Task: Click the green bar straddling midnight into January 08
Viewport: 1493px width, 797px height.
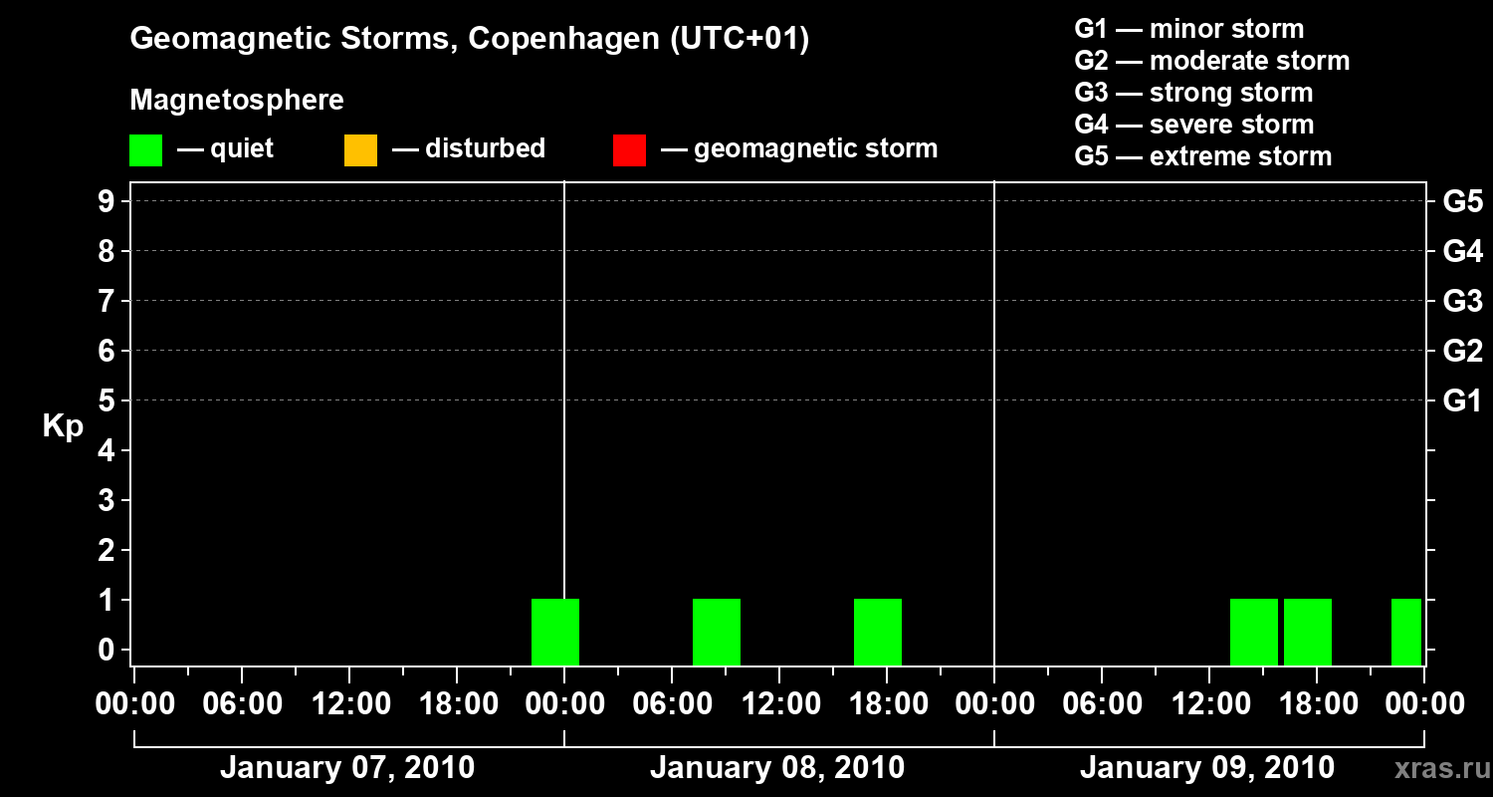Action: pyautogui.click(x=555, y=632)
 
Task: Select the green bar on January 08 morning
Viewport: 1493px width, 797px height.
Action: pyautogui.click(x=717, y=632)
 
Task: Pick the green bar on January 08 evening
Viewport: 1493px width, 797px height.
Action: pyautogui.click(x=878, y=632)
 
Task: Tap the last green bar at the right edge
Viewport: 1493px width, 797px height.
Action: pyautogui.click(x=1406, y=632)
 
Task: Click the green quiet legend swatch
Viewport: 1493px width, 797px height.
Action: pyautogui.click(x=145, y=149)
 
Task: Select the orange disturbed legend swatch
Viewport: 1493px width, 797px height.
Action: pyautogui.click(x=360, y=149)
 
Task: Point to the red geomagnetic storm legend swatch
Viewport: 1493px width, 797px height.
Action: pyautogui.click(x=629, y=149)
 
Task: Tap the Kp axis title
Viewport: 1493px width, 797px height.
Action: pyautogui.click(x=63, y=426)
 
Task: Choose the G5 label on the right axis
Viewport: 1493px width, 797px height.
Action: pyautogui.click(x=1462, y=202)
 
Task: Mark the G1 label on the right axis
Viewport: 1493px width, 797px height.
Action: pyautogui.click(x=1462, y=401)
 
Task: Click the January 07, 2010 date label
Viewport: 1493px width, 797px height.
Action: pyautogui.click(x=347, y=768)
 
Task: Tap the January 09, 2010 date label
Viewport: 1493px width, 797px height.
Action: pyautogui.click(x=1207, y=768)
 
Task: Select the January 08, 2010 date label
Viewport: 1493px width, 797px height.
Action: pyautogui.click(x=777, y=768)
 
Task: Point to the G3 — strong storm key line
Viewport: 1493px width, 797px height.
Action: pyautogui.click(x=1193, y=93)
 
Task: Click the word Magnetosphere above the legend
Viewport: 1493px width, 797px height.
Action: pyautogui.click(x=237, y=101)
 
